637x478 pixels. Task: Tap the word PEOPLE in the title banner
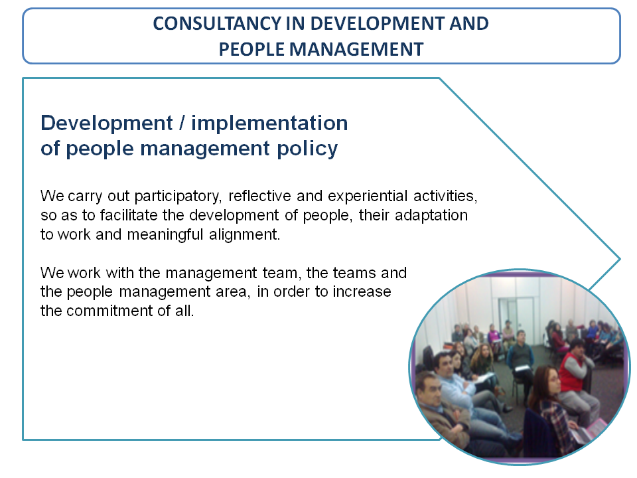pyautogui.click(x=251, y=49)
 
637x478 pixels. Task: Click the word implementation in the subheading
pyautogui.click(x=269, y=123)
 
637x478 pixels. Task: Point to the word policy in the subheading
pyautogui.click(x=307, y=149)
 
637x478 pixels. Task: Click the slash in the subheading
pyautogui.click(x=182, y=123)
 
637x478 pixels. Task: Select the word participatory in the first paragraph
pyautogui.click(x=178, y=197)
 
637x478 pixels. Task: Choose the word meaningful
pyautogui.click(x=165, y=235)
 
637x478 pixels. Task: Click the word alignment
pyautogui.click(x=245, y=235)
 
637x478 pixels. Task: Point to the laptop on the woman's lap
pyautogui.click(x=589, y=431)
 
